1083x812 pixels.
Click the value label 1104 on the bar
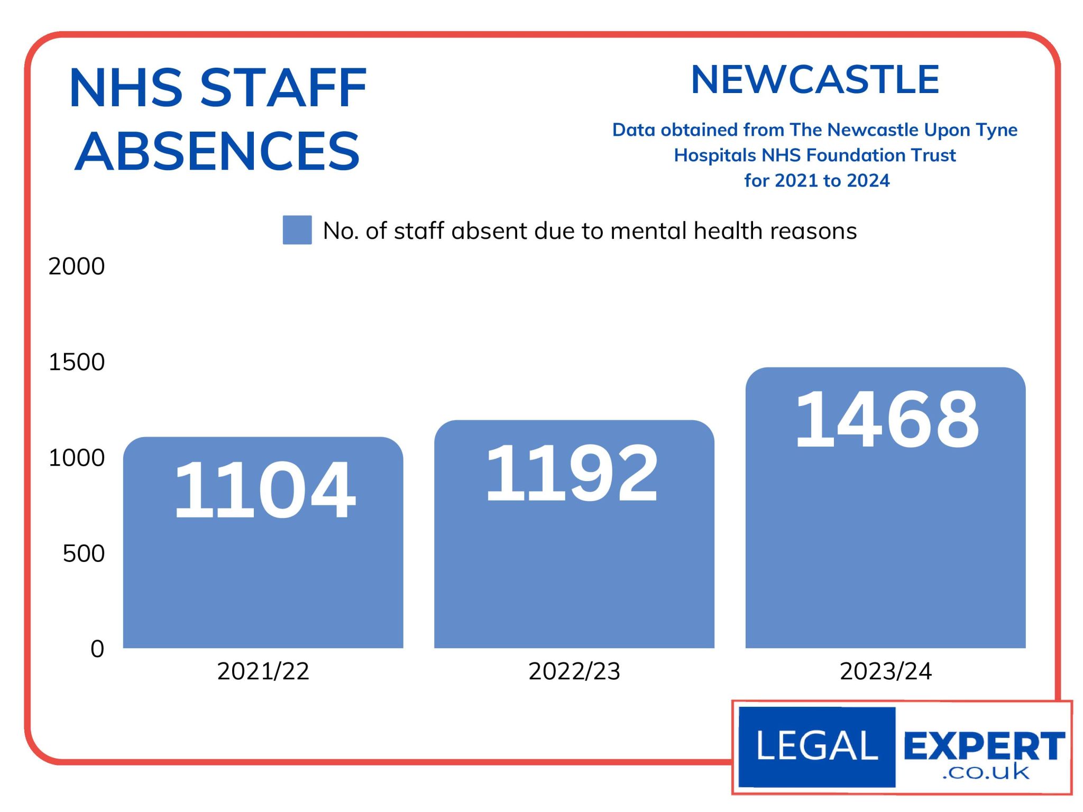(x=264, y=489)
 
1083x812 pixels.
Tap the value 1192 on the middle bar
(x=572, y=473)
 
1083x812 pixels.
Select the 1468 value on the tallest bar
(x=887, y=419)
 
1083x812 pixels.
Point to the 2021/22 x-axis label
(x=263, y=671)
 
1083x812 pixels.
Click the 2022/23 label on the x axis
(x=574, y=671)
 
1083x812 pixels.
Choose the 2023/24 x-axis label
(x=886, y=671)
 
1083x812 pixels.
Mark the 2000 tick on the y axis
(x=77, y=266)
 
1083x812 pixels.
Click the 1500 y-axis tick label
(x=77, y=362)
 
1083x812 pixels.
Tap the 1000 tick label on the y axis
(x=77, y=458)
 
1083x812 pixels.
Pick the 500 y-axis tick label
(x=84, y=553)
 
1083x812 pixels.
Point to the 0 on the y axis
(x=97, y=649)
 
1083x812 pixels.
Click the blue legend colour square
(x=297, y=230)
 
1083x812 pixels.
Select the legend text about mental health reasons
(x=590, y=231)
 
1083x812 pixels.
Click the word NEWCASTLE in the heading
(x=815, y=80)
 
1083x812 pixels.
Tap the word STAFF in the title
(x=283, y=88)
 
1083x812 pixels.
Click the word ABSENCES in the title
(x=217, y=152)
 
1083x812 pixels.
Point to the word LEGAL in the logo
(x=817, y=746)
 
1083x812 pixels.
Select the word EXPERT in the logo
(x=984, y=746)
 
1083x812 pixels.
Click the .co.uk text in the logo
(x=986, y=772)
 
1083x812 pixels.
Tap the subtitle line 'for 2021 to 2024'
(x=816, y=181)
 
